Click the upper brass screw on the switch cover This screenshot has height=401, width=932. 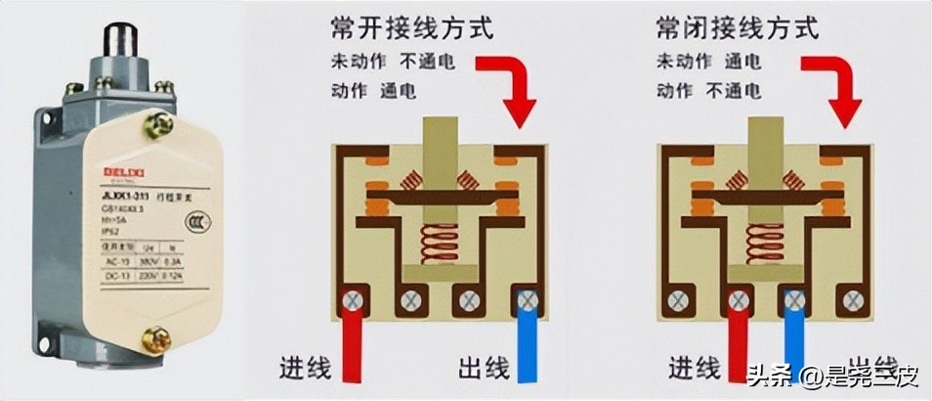(x=156, y=124)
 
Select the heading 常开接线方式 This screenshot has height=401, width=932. (x=412, y=27)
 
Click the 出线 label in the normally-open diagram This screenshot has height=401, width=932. (x=484, y=369)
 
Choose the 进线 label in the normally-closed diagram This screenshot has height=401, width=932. (x=695, y=369)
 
